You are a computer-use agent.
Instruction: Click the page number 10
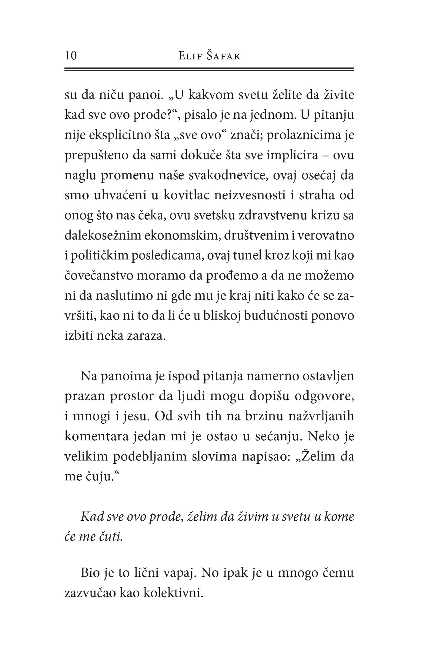pos(71,56)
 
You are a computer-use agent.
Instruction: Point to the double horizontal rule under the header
pos(209,69)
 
